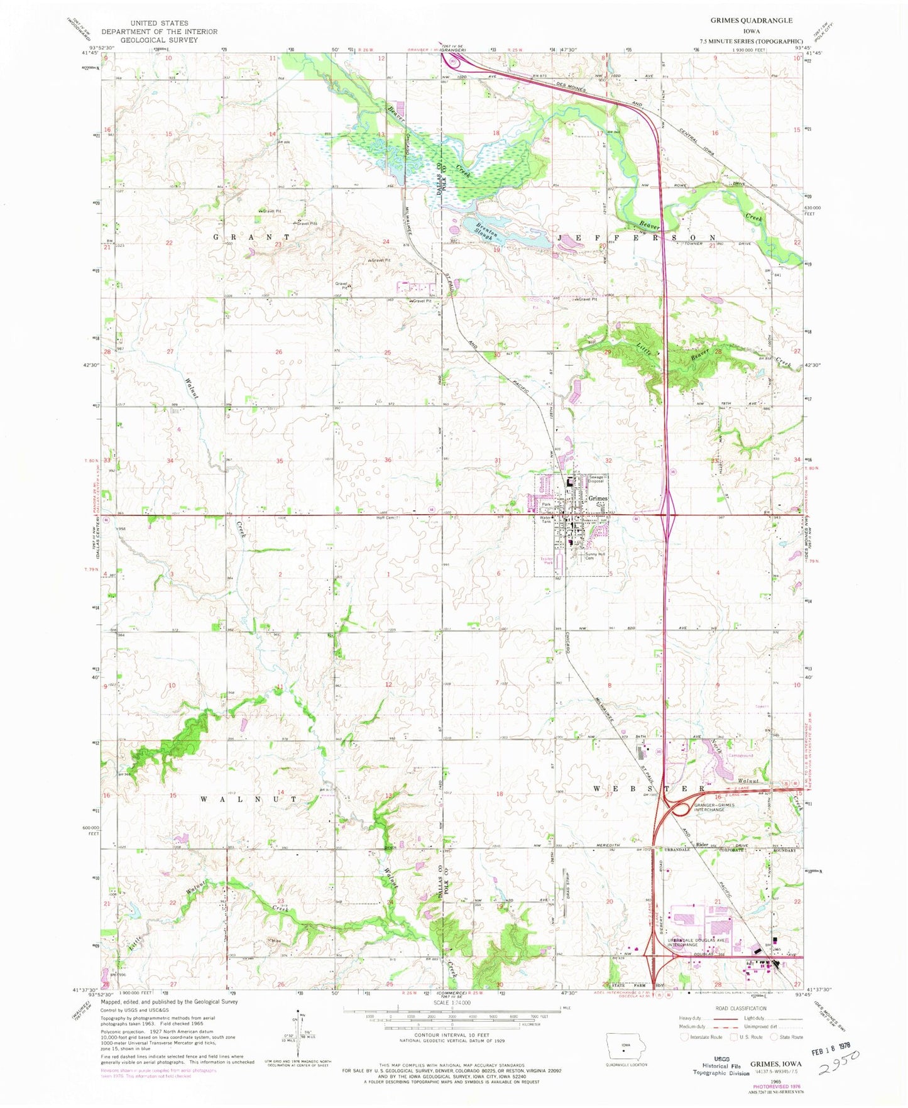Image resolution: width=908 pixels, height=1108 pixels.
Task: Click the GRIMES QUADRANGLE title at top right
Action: (x=747, y=21)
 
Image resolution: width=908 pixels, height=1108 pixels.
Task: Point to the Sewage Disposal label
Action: (x=596, y=480)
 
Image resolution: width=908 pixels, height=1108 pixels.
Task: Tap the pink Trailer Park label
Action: (x=547, y=561)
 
